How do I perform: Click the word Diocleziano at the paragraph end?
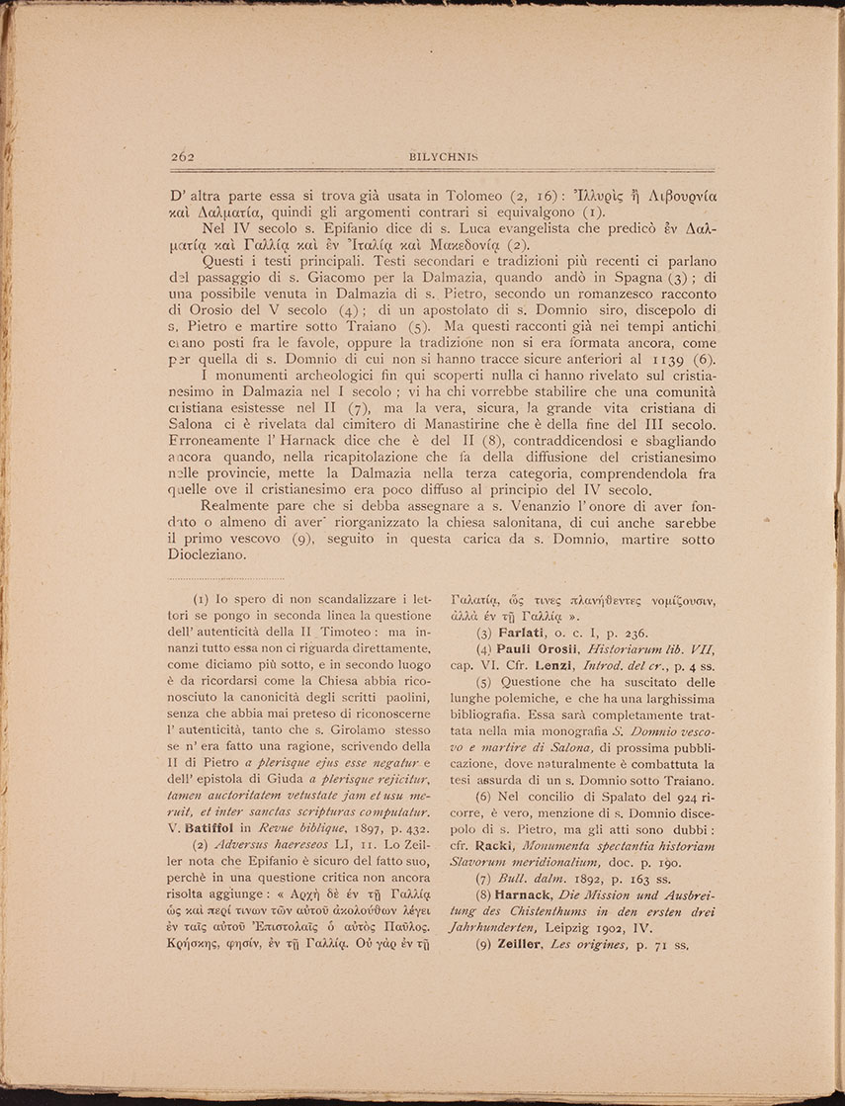pos(211,554)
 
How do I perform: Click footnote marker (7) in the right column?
pos(485,879)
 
